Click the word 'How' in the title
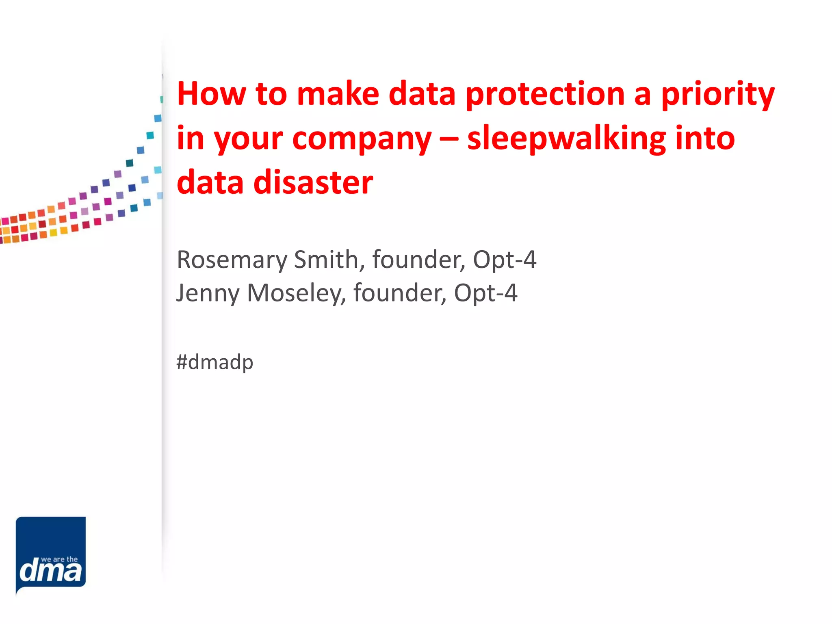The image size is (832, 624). coord(211,94)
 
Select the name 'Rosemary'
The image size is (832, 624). coord(232,260)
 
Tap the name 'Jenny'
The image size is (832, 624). coord(208,293)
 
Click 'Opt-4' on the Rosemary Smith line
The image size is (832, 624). coord(505,260)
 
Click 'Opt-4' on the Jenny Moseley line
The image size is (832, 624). coord(485,293)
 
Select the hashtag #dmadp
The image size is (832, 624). coord(214,362)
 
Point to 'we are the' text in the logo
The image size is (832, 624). coord(59,559)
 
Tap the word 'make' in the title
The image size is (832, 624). coord(338,94)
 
